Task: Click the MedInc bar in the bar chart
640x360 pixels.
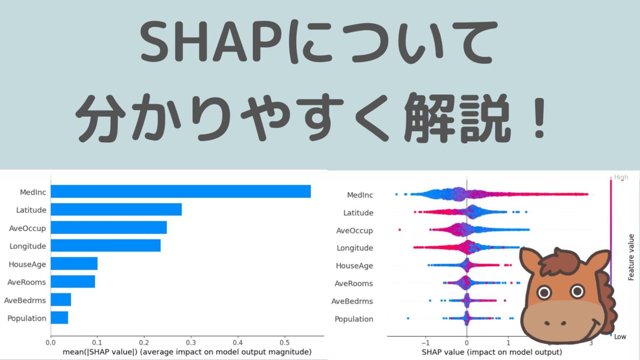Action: [x=180, y=192]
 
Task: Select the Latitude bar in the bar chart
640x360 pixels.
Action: [x=116, y=210]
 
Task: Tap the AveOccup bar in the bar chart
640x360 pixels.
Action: [x=108, y=227]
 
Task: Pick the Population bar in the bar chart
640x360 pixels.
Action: [x=59, y=318]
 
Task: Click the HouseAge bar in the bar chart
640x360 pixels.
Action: [x=74, y=264]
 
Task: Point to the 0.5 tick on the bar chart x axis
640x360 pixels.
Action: [x=285, y=342]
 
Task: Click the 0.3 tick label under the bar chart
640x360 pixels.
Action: [x=191, y=342]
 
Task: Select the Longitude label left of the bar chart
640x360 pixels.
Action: [x=27, y=246]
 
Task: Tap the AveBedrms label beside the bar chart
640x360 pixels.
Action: [x=25, y=300]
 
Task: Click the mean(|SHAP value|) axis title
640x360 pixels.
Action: [x=187, y=352]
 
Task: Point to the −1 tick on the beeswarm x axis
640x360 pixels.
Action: [x=425, y=343]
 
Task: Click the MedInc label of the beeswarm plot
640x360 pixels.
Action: [x=360, y=195]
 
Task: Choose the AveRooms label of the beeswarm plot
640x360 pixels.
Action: [x=354, y=284]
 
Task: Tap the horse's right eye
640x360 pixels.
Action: [x=577, y=291]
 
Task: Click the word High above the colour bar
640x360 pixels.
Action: [x=621, y=177]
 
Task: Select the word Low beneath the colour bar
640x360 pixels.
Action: [x=620, y=337]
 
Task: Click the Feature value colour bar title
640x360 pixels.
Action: [x=631, y=257]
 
